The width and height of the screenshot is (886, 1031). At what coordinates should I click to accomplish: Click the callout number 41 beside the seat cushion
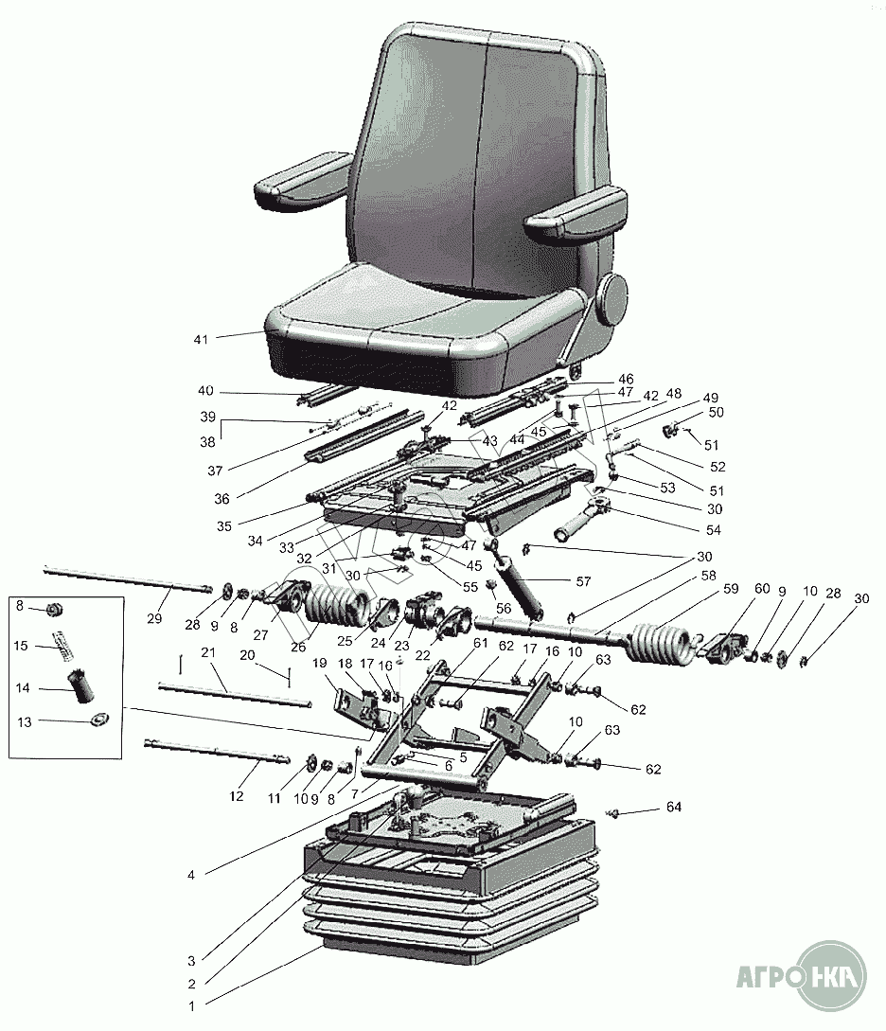(201, 339)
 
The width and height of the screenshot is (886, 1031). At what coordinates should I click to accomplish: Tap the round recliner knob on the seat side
(611, 299)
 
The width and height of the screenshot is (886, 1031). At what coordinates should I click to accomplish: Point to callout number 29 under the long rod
(154, 618)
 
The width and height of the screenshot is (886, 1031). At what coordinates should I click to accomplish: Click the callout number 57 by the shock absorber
(583, 581)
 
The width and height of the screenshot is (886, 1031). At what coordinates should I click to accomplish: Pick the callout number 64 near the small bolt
(674, 806)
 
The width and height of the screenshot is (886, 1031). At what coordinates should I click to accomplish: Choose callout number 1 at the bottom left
(192, 1006)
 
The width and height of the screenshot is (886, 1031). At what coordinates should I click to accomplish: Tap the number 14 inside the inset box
(23, 687)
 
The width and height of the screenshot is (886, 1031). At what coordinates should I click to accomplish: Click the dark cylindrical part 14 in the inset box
(81, 685)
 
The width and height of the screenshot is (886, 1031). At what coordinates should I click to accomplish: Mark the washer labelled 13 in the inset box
(99, 720)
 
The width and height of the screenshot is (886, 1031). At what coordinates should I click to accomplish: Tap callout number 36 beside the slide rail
(222, 498)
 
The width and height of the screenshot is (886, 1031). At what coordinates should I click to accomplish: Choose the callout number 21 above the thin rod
(208, 652)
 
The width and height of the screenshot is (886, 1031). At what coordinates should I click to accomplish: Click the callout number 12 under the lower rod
(236, 795)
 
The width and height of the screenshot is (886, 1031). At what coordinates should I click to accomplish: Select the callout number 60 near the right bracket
(762, 589)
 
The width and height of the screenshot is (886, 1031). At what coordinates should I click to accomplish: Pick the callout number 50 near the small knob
(716, 412)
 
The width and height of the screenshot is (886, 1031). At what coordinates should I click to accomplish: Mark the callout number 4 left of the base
(191, 875)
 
